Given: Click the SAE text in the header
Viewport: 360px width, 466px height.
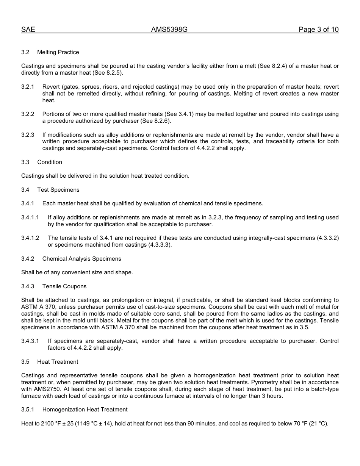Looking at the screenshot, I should [28, 30].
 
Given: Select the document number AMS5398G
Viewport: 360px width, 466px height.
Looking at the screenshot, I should [169, 30].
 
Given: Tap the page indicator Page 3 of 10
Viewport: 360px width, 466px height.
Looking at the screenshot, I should [318, 30].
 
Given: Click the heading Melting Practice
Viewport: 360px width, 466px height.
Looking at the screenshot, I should [58, 52].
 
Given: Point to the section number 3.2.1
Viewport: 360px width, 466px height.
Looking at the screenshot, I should [28, 87].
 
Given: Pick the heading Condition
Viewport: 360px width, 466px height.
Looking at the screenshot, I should [50, 162].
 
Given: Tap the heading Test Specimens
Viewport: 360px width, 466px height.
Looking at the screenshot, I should [58, 190].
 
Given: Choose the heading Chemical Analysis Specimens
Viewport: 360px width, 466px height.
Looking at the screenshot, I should [81, 259].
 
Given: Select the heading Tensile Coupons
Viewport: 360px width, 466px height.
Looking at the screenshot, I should [64, 286].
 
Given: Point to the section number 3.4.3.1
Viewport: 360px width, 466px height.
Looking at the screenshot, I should [30, 341].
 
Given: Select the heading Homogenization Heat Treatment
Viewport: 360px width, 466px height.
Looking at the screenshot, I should [85, 410].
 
